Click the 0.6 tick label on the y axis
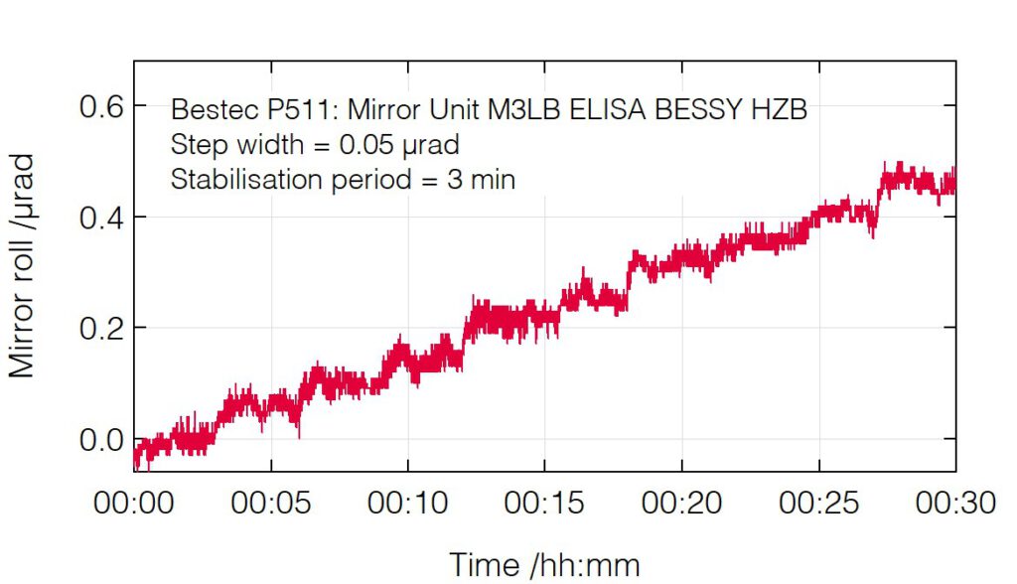tap(100, 106)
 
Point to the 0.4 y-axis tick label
tap(100, 218)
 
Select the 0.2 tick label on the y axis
tap(100, 329)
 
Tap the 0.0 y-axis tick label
tap(100, 440)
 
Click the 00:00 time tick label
tap(134, 504)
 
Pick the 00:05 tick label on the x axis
tap(271, 504)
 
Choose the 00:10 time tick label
tap(408, 504)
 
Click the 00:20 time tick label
tap(682, 504)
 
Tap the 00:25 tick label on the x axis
tap(819, 504)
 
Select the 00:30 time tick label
tap(954, 504)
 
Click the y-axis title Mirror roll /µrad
tap(23, 265)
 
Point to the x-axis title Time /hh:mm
tap(544, 564)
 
